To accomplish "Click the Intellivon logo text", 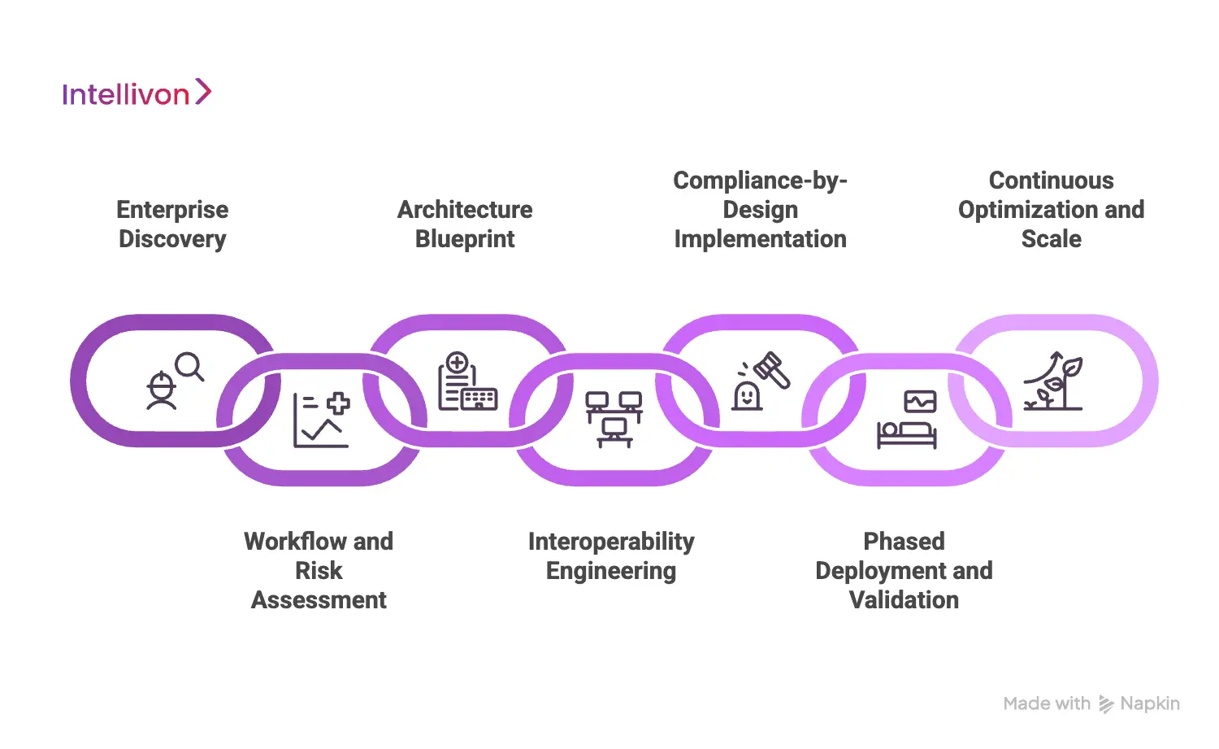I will (x=125, y=95).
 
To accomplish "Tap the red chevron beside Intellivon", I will (x=203, y=92).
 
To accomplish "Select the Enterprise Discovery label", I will (x=172, y=224).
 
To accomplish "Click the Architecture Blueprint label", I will (x=465, y=224).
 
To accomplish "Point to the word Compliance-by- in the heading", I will (x=760, y=181).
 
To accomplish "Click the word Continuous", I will (x=1051, y=181).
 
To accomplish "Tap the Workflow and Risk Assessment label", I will (x=319, y=570).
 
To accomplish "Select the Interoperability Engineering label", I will (x=611, y=555).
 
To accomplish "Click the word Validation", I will (x=904, y=600).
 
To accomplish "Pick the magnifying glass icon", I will (x=190, y=367).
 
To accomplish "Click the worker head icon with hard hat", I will (x=162, y=390).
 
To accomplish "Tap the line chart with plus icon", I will (x=321, y=420).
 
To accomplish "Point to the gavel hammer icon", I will (x=771, y=370).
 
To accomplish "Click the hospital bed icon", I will (x=906, y=433).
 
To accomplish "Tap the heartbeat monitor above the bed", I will (x=920, y=402).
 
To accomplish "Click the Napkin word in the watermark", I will (x=1149, y=704).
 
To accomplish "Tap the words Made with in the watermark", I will (x=1047, y=704).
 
